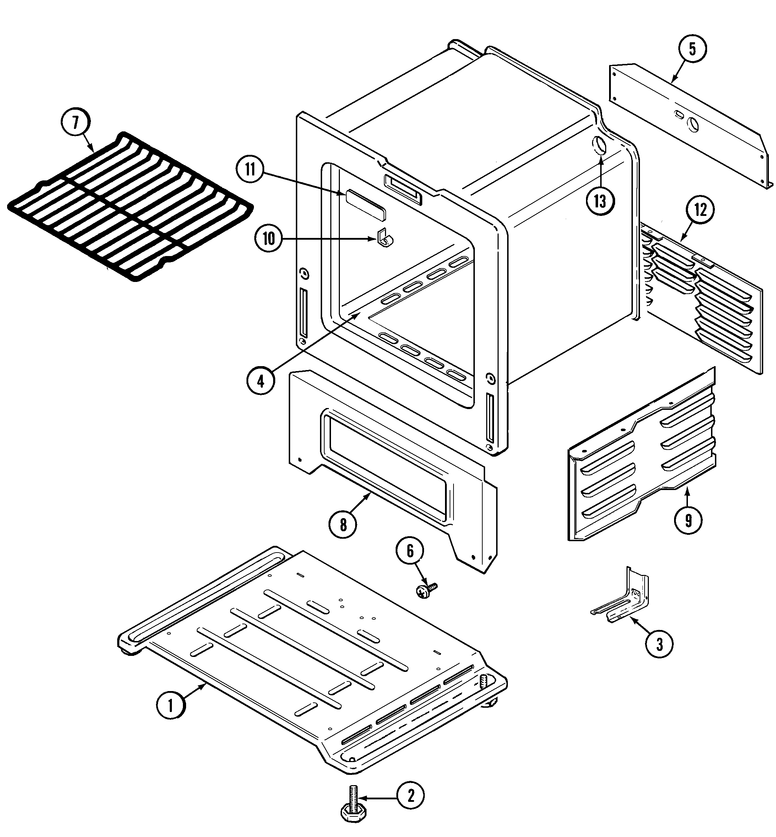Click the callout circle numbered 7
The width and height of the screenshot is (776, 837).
coord(75,123)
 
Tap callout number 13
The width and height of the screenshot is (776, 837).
coord(601,201)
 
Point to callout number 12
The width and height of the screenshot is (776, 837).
coord(700,210)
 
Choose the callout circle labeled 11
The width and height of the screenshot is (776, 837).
coord(250,170)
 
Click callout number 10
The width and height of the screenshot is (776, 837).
coord(269,238)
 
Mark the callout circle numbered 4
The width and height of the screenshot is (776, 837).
coord(261,381)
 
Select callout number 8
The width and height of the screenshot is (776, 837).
coord(343,524)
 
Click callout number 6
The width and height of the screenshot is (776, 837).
coord(410,551)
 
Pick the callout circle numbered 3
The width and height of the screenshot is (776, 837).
coord(659,644)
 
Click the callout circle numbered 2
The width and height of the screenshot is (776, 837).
coord(410,795)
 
